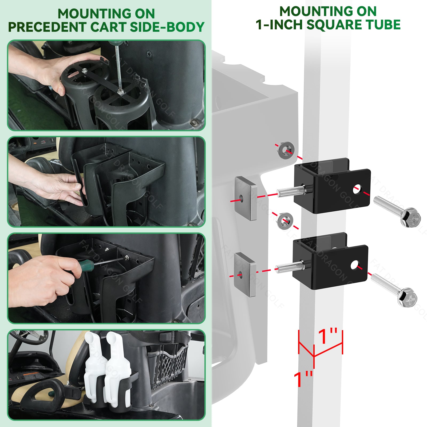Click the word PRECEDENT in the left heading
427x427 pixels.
click(x=48, y=27)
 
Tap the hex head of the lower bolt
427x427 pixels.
click(x=407, y=297)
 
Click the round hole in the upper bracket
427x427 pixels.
click(x=357, y=189)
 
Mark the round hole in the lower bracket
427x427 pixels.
click(x=354, y=265)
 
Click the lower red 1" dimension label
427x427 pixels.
click(x=303, y=379)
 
